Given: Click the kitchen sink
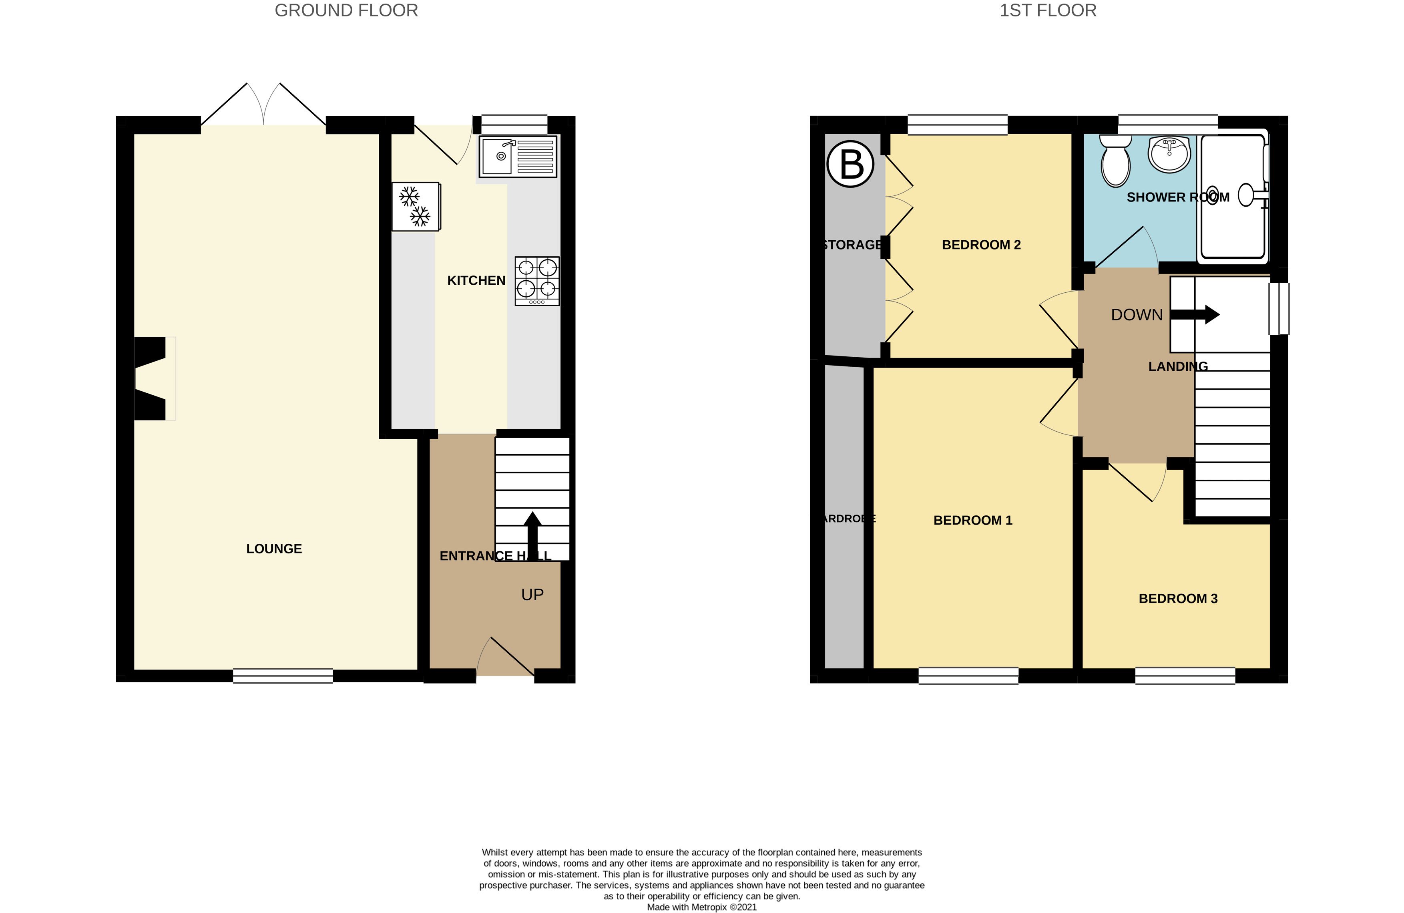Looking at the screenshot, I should pyautogui.click(x=517, y=157).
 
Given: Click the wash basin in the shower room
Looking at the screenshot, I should pyautogui.click(x=1169, y=154).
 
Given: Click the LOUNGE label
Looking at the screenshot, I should pyautogui.click(x=274, y=549).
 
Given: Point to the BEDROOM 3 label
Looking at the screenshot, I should pyautogui.click(x=1177, y=598).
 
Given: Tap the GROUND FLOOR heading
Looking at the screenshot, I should pyautogui.click(x=346, y=11).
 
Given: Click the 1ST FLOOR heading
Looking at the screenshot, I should pyautogui.click(x=1048, y=11).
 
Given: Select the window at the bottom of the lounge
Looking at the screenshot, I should pyautogui.click(x=283, y=676).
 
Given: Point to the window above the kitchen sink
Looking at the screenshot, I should pyautogui.click(x=514, y=125).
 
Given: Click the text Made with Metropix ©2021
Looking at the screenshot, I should pyautogui.click(x=701, y=907).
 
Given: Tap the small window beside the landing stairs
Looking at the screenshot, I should pyautogui.click(x=1279, y=309).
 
